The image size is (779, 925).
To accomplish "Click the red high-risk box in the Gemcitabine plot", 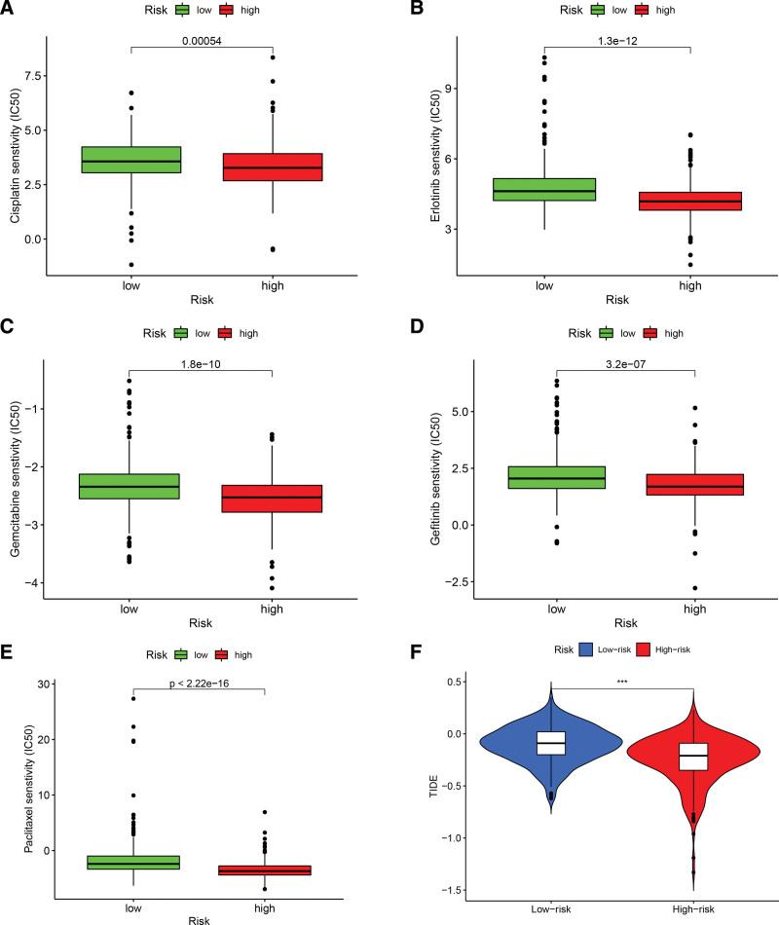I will coord(273,499).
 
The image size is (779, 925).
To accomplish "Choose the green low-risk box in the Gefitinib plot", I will coord(556,477).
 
